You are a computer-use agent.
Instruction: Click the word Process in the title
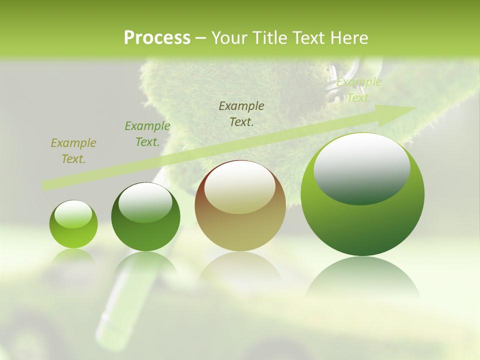click(x=157, y=37)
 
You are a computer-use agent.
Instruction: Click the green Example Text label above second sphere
click(x=147, y=134)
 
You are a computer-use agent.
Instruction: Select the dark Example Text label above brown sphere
click(x=241, y=113)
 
